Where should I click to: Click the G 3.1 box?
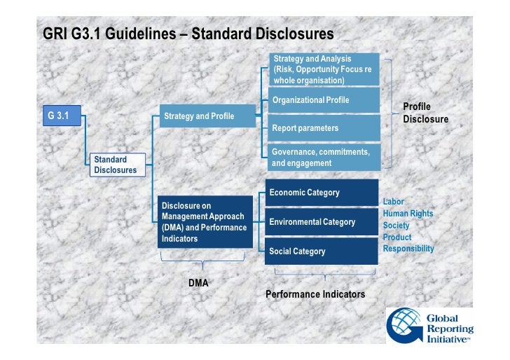pyautogui.click(x=62, y=116)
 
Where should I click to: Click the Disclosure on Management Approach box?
pyautogui.click(x=205, y=222)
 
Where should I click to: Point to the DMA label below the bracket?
pyautogui.click(x=198, y=282)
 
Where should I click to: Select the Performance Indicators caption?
pyautogui.click(x=315, y=294)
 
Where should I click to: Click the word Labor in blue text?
pyautogui.click(x=394, y=202)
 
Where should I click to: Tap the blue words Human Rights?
pyautogui.click(x=408, y=214)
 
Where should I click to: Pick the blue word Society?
pyautogui.click(x=396, y=226)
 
